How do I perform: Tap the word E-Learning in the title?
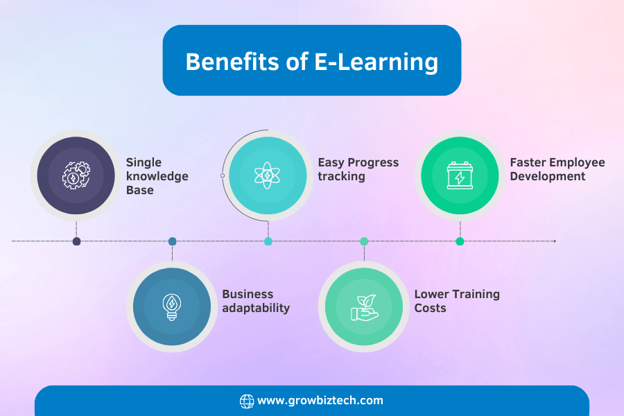tap(376, 63)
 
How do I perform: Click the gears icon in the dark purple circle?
tap(76, 175)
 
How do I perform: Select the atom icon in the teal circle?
tap(268, 175)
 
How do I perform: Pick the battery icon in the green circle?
tap(460, 175)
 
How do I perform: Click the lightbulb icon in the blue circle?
tap(172, 307)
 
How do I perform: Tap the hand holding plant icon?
tap(364, 307)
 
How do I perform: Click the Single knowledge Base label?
tap(157, 176)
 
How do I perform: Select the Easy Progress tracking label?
tap(358, 169)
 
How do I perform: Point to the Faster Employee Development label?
tap(557, 169)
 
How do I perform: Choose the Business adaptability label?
tap(256, 301)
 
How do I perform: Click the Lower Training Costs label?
tap(457, 301)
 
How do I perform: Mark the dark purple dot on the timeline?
tap(77, 241)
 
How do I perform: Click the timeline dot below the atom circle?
tap(268, 241)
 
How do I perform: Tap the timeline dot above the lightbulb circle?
tap(173, 241)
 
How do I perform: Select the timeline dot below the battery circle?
tap(460, 241)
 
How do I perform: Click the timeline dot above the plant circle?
tap(364, 241)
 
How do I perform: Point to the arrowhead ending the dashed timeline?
tap(555, 241)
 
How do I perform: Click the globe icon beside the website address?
tap(247, 401)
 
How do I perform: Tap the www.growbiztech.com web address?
tap(320, 401)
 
